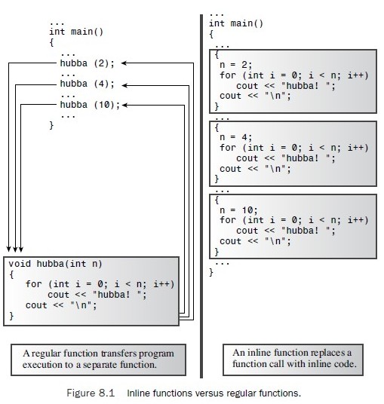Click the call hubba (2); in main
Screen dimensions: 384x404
[x=88, y=63]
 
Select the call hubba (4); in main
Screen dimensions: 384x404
[x=88, y=84]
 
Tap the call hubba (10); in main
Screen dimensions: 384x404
[x=90, y=105]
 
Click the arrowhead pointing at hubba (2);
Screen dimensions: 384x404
[x=124, y=63]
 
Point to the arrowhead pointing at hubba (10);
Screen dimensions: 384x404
[x=124, y=105]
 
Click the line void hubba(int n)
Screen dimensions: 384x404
[x=55, y=264]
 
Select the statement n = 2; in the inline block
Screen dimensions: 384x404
[x=235, y=64]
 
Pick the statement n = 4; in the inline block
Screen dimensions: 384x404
[x=235, y=137]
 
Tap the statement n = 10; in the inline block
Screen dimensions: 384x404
[x=238, y=210]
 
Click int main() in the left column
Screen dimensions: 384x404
[x=76, y=32]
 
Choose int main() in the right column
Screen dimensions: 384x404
[x=236, y=23]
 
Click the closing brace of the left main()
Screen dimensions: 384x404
[x=51, y=125]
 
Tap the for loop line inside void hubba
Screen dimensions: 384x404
[x=100, y=284]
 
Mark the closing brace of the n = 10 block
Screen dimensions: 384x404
[x=217, y=252]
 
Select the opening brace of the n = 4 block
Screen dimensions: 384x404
[x=217, y=127]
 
